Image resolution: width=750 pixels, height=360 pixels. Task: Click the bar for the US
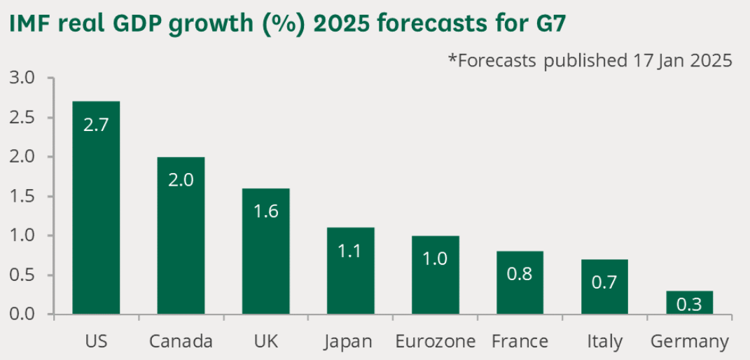tap(96, 207)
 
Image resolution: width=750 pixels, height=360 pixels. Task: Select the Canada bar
tap(181, 235)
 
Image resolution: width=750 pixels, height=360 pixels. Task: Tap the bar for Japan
tap(350, 270)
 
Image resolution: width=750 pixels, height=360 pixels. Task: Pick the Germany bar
tap(689, 303)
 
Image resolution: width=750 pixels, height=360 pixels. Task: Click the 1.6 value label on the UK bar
tap(265, 211)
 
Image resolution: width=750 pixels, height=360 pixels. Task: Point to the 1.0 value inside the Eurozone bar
tap(435, 258)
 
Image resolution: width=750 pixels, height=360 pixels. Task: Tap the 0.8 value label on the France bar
tap(520, 273)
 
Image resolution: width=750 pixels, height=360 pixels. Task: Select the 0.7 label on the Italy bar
tap(604, 283)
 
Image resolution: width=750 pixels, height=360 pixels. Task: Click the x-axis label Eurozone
tap(435, 342)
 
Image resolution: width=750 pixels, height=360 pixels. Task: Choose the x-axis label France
tap(520, 342)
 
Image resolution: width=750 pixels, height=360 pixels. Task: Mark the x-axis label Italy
tap(604, 342)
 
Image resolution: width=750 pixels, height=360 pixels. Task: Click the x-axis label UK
tap(265, 342)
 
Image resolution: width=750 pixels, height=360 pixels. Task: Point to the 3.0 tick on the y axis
tap(22, 78)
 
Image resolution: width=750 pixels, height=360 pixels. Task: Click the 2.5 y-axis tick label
tap(22, 117)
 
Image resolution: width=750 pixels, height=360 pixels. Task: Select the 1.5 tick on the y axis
tap(22, 196)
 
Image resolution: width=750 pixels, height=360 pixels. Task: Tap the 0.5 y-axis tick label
tap(22, 275)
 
